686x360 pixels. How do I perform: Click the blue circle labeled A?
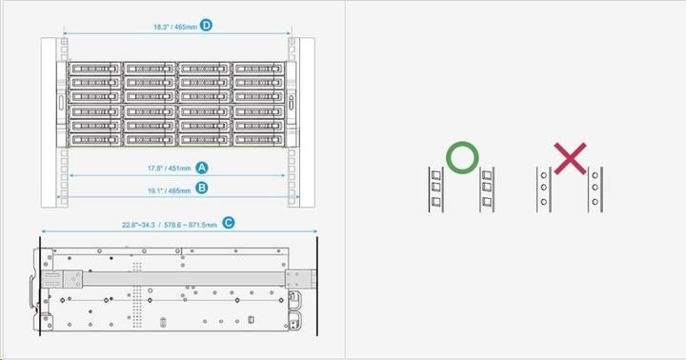[201, 167]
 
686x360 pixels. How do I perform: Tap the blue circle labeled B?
[201, 188]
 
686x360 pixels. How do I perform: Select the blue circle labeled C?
[227, 223]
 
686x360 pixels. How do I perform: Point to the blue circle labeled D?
[206, 26]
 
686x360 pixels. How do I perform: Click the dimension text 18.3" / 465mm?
[175, 27]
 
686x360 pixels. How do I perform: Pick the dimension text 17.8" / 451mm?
[169, 168]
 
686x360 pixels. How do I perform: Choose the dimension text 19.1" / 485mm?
[169, 189]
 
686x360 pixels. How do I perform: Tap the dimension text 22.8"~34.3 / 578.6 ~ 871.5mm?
[170, 224]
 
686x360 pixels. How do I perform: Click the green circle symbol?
[460, 158]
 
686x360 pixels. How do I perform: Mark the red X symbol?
[570, 158]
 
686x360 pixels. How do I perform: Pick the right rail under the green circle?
[488, 190]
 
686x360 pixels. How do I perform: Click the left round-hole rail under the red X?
[542, 190]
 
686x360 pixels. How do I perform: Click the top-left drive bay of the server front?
[94, 70]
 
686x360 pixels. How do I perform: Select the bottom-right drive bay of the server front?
[258, 138]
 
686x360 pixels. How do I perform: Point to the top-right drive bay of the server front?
[258, 70]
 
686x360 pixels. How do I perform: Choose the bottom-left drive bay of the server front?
[94, 138]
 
